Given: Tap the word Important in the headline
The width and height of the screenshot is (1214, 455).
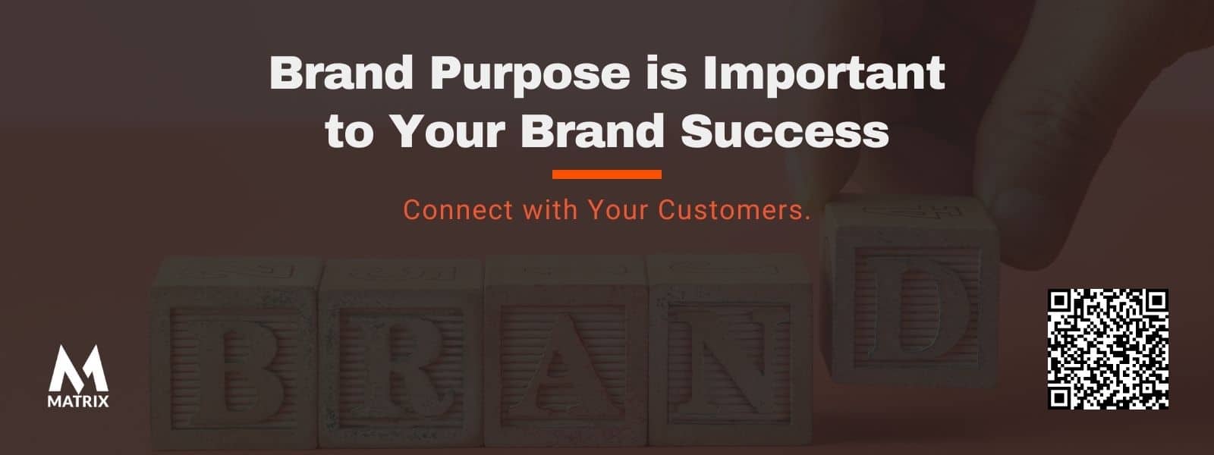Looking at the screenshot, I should [824, 74].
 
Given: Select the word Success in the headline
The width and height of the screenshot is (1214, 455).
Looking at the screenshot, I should [785, 130].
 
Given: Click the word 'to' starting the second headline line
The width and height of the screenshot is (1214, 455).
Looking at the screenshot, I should [350, 132].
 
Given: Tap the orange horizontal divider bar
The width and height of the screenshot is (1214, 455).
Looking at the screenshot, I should [607, 174].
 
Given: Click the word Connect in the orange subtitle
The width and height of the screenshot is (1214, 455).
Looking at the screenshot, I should [458, 210].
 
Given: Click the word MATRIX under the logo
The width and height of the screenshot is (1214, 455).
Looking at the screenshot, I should [78, 401].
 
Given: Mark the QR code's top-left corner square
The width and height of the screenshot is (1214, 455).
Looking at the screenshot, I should [1060, 302].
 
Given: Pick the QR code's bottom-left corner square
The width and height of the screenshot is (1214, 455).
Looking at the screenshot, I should [1060, 397].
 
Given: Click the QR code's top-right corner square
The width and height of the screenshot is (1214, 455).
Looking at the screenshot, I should [1156, 302].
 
